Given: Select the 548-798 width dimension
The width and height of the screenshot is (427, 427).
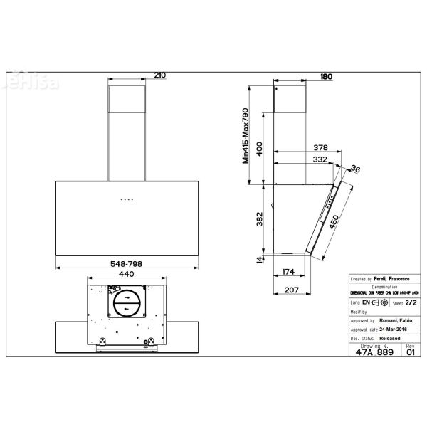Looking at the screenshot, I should click(127, 263).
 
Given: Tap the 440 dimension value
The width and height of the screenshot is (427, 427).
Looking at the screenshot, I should click(127, 273).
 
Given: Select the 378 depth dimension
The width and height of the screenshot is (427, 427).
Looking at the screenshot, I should click(321, 148).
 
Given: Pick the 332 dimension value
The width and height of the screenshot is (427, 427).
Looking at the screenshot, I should click(321, 159).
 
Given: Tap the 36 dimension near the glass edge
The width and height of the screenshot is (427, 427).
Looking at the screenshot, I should click(355, 169).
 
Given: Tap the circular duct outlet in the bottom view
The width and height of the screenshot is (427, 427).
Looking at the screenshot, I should click(127, 304).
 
